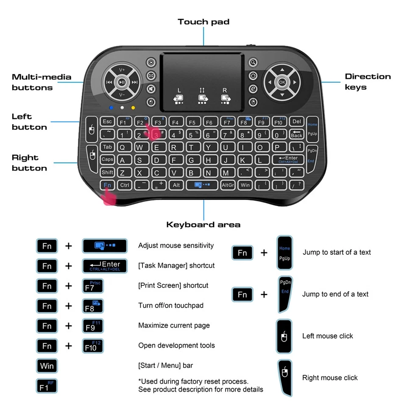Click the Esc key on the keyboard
[107, 122]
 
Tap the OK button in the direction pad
[282, 82]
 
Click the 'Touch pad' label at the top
[203, 22]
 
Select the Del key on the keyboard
[297, 122]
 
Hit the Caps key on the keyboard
[107, 160]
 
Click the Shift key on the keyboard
[107, 173]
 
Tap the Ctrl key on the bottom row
[125, 185]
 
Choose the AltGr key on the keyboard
[228, 185]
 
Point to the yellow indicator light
[133, 108]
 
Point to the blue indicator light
[111, 108]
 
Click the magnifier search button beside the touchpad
[253, 63]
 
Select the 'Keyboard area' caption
[203, 225]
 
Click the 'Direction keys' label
[368, 82]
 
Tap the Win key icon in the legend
[47, 365]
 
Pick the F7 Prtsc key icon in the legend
[92, 286]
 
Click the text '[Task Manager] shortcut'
[176, 265]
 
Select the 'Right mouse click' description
[330, 378]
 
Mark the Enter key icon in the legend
[104, 266]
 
